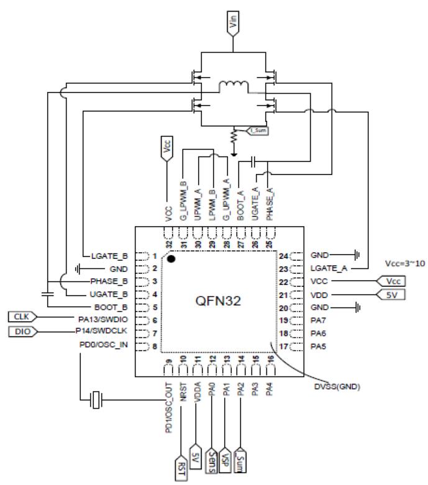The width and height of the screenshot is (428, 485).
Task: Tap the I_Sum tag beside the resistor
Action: [258, 131]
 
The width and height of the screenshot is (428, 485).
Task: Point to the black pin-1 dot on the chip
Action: [171, 258]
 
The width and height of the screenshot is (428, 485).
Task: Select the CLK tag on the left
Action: [22, 317]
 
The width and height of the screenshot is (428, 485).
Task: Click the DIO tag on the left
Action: [22, 332]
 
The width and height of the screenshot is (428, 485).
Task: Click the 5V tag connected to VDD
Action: [391, 296]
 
